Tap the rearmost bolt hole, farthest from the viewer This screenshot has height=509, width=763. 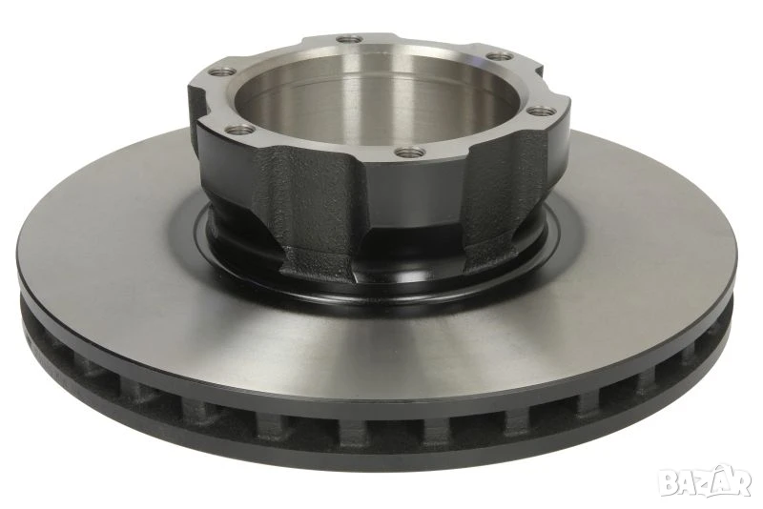click(x=349, y=39)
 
